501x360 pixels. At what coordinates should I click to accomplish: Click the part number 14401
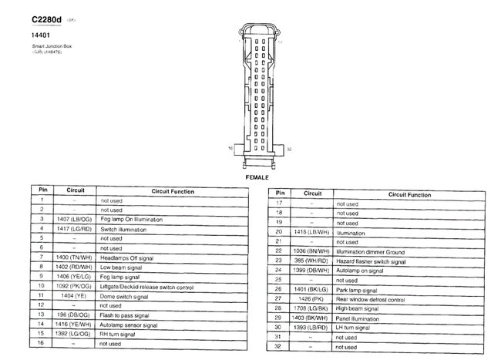[x=41, y=35]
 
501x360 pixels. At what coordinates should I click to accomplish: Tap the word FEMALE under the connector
[x=257, y=177]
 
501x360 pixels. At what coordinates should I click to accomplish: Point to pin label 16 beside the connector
[x=230, y=146]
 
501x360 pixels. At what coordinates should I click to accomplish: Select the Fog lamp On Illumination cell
[x=131, y=220]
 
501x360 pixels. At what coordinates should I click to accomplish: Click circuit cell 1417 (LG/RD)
[x=75, y=229]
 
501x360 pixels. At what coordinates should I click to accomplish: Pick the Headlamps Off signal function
[x=127, y=257]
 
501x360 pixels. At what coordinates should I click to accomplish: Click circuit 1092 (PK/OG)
[x=75, y=286]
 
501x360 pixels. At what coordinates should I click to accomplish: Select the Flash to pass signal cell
[x=124, y=315]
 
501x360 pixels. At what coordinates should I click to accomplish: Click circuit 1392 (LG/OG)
[x=75, y=334]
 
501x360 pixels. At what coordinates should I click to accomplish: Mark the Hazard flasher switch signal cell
[x=371, y=261]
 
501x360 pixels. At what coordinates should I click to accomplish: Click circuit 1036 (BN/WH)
[x=312, y=251]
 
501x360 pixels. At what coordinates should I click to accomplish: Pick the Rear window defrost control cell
[x=370, y=299]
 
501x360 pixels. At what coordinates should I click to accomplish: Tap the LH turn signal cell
[x=355, y=328]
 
